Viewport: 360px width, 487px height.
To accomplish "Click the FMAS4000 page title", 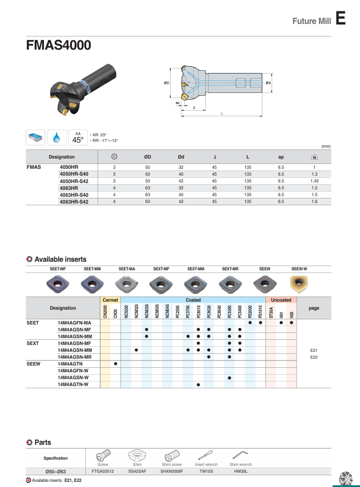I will tap(58, 46).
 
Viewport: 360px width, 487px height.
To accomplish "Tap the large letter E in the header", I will tap(341, 19).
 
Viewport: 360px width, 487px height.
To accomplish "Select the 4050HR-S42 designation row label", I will tap(74, 181).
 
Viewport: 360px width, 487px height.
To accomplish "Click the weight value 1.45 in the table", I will tap(314, 181).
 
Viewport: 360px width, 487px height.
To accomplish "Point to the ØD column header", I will tap(147, 157).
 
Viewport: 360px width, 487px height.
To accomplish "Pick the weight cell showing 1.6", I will tap(314, 201).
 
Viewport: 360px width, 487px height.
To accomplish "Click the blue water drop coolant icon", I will tap(56, 137).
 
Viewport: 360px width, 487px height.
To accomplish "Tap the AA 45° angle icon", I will tap(78, 137).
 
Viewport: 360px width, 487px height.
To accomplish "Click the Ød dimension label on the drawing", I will tap(268, 83).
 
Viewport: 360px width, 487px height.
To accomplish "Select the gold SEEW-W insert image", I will tap(299, 283).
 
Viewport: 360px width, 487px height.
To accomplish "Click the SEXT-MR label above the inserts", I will tap(230, 268).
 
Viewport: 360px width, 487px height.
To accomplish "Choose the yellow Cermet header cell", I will tap(110, 300).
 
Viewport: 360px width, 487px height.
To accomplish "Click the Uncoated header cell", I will tap(281, 300).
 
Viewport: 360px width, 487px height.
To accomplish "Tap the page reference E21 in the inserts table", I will tap(313, 350).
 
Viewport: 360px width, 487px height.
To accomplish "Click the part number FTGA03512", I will tap(103, 472).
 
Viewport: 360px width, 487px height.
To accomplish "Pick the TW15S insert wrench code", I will tap(206, 472).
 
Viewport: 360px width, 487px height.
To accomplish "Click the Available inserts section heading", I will tap(60, 259).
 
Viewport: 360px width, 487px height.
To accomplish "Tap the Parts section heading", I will tap(43, 442).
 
